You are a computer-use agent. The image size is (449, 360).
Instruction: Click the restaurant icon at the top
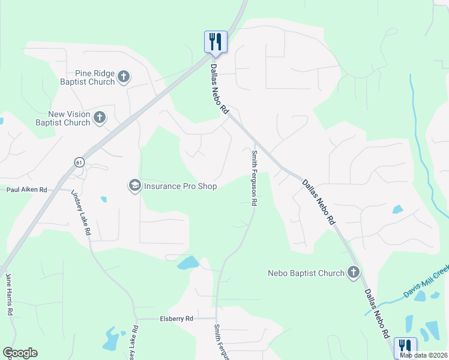pos(215,41)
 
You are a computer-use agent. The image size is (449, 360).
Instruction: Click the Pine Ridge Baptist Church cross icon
pos(124,76)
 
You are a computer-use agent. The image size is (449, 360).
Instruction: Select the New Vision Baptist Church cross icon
pos(99,117)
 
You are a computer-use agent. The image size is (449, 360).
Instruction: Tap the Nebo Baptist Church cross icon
pos(354,273)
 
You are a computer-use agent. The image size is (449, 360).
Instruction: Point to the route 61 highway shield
pos(79,162)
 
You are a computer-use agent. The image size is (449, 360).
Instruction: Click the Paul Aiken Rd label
pos(26,190)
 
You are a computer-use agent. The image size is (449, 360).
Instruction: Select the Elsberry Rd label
pos(176,319)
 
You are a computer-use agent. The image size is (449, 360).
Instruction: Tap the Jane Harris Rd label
pos(9,294)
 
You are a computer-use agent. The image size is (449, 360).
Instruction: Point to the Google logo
pos(20,353)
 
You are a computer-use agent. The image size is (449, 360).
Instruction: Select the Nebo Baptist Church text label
pos(306,273)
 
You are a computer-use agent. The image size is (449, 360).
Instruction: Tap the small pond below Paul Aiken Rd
pos(104,199)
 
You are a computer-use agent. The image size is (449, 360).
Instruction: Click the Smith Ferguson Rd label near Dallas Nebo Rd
pos(255,179)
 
